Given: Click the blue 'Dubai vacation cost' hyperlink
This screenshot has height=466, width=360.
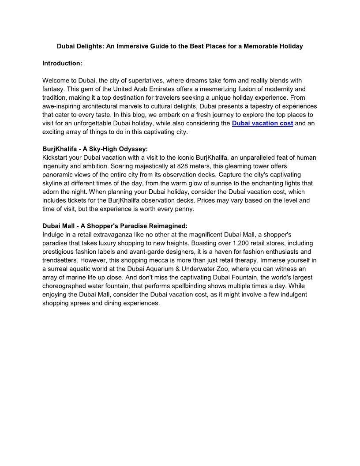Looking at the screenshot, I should click(x=262, y=124).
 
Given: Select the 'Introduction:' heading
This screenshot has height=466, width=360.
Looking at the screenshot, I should click(x=62, y=64).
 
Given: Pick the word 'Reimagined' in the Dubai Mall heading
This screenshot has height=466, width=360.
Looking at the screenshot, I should click(x=169, y=226).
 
